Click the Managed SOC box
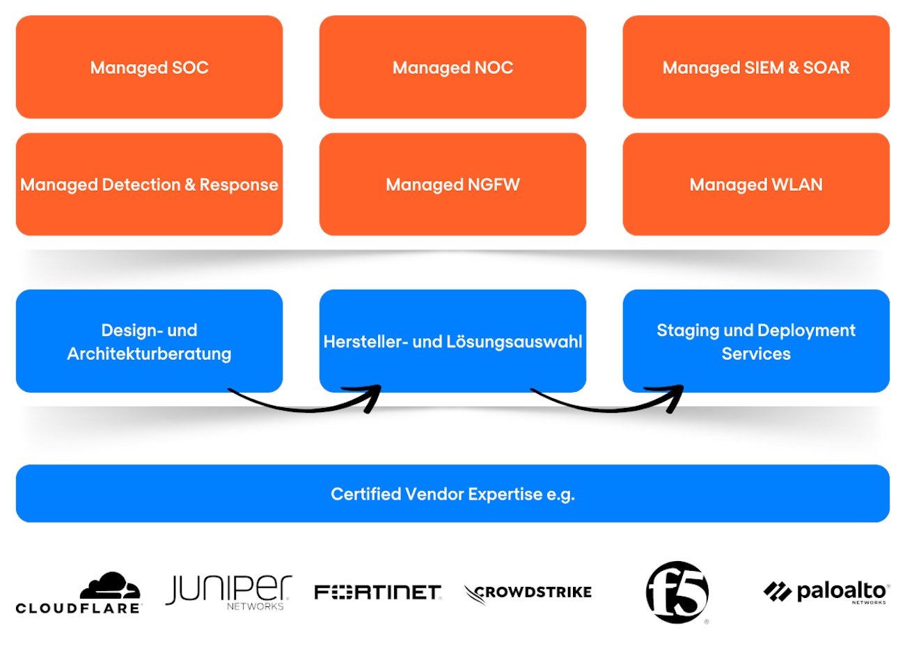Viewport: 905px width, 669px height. [x=149, y=68]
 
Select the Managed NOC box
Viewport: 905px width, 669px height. [x=452, y=68]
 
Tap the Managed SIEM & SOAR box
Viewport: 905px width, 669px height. [x=756, y=68]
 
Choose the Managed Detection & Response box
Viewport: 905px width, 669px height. [x=149, y=184]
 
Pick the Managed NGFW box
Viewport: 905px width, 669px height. [x=452, y=184]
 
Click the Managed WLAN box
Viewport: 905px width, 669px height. [x=756, y=184]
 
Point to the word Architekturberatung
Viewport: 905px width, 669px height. [x=149, y=354]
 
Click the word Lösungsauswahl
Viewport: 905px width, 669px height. [x=514, y=342]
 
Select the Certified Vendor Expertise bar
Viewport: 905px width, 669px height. [x=452, y=494]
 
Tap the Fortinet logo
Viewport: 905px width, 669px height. [x=377, y=592]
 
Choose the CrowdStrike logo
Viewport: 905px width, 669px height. [x=528, y=593]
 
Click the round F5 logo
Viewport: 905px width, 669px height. [x=677, y=592]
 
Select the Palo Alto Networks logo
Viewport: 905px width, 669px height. [x=826, y=592]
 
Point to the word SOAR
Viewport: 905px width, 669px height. [x=826, y=68]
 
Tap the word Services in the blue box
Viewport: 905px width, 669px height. [x=756, y=354]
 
